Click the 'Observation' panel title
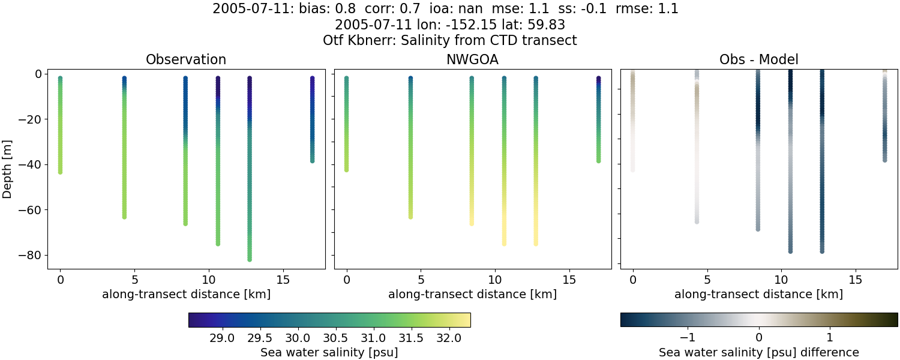point(186,59)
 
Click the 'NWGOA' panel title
point(472,59)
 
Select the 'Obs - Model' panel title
point(758,59)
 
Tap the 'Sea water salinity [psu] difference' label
point(758,352)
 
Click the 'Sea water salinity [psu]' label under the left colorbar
point(329,352)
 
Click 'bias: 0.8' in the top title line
point(322,10)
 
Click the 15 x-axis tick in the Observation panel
point(283,280)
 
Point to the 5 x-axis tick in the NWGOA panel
point(421,280)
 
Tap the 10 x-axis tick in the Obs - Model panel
point(781,280)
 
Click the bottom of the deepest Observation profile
point(249,259)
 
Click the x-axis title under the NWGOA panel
point(472,295)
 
